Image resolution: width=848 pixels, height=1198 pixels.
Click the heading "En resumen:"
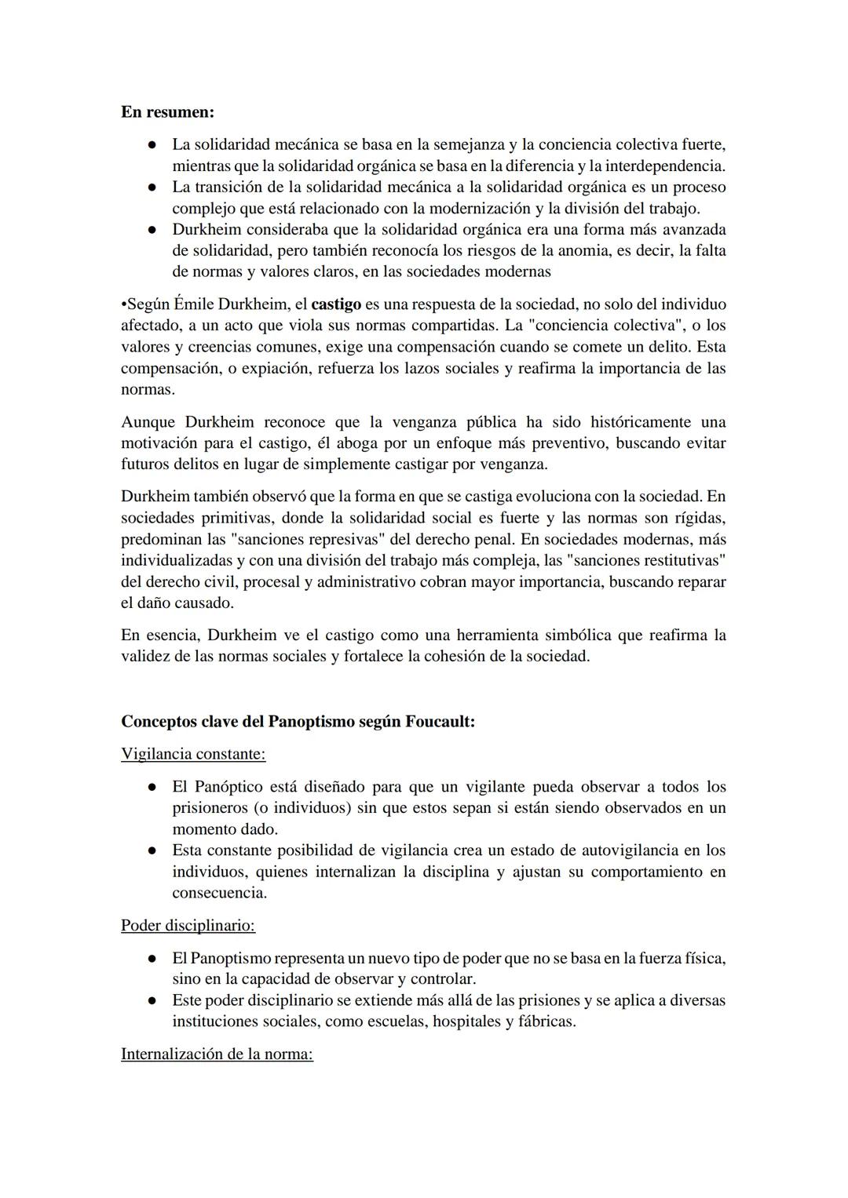click(167, 112)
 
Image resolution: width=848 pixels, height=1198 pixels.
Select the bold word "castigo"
click(336, 304)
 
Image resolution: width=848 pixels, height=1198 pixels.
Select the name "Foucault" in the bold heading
click(439, 721)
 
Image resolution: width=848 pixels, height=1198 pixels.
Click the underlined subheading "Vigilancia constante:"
click(193, 754)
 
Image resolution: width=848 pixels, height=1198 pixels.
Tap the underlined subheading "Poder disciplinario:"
click(188, 926)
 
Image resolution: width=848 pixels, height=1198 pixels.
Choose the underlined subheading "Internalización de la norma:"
click(217, 1054)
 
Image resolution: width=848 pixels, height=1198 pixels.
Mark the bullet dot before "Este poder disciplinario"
click(151, 1001)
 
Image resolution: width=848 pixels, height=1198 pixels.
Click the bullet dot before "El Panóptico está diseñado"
click(151, 787)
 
